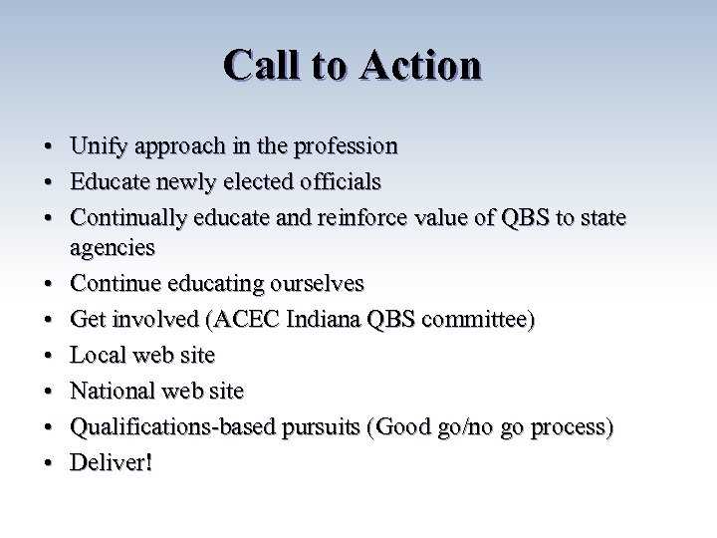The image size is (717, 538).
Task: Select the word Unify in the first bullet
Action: tap(97, 146)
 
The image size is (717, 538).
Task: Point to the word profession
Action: tap(344, 146)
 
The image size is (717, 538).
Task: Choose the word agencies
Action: tap(113, 246)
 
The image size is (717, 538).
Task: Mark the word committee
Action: tap(476, 320)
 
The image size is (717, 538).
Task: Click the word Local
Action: tap(97, 355)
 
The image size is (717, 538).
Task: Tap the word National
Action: tap(112, 391)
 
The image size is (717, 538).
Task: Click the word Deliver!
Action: tap(111, 463)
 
